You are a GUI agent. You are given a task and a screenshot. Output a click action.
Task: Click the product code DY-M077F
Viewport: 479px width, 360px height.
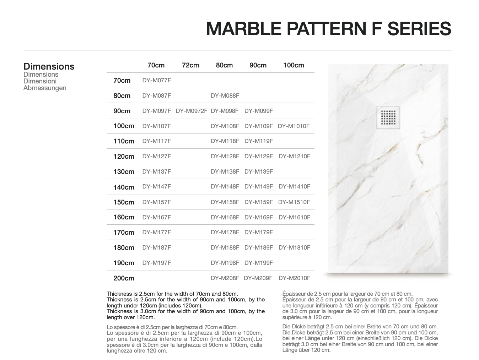(156, 81)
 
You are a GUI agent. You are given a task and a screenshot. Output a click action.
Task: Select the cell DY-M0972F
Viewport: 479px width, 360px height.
(192, 111)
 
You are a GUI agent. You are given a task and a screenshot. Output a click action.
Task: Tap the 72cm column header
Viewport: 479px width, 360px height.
(190, 65)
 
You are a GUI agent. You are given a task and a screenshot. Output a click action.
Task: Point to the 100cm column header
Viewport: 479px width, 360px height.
(293, 65)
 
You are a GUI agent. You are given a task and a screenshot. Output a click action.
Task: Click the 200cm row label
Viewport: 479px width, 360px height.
(124, 278)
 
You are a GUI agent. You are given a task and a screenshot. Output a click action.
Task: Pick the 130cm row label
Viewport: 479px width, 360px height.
(124, 172)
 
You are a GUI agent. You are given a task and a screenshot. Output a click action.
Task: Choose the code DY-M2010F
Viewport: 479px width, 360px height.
(294, 278)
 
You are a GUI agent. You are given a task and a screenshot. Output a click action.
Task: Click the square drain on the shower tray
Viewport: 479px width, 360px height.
(388, 118)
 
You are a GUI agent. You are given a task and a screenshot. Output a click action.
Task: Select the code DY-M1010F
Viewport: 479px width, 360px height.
(294, 126)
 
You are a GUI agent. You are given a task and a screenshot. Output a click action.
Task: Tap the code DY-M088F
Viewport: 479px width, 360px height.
(225, 96)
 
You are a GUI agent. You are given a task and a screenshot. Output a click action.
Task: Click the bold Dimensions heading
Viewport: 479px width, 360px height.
(49, 66)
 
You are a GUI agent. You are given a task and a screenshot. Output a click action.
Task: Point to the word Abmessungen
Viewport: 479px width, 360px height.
(45, 88)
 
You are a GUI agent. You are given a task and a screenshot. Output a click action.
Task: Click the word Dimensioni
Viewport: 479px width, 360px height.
(40, 81)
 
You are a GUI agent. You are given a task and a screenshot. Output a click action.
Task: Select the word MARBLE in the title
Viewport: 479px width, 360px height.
(243, 29)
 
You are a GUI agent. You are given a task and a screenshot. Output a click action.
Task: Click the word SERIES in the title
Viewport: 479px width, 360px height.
(419, 29)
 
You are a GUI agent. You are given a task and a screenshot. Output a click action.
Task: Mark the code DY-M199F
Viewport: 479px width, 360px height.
(258, 263)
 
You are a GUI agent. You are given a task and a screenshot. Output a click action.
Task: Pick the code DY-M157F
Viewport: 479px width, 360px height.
(156, 202)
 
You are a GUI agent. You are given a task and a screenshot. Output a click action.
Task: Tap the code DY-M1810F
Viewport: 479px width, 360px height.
(294, 248)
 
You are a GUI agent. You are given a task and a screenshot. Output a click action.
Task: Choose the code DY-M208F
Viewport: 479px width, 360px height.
(225, 278)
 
